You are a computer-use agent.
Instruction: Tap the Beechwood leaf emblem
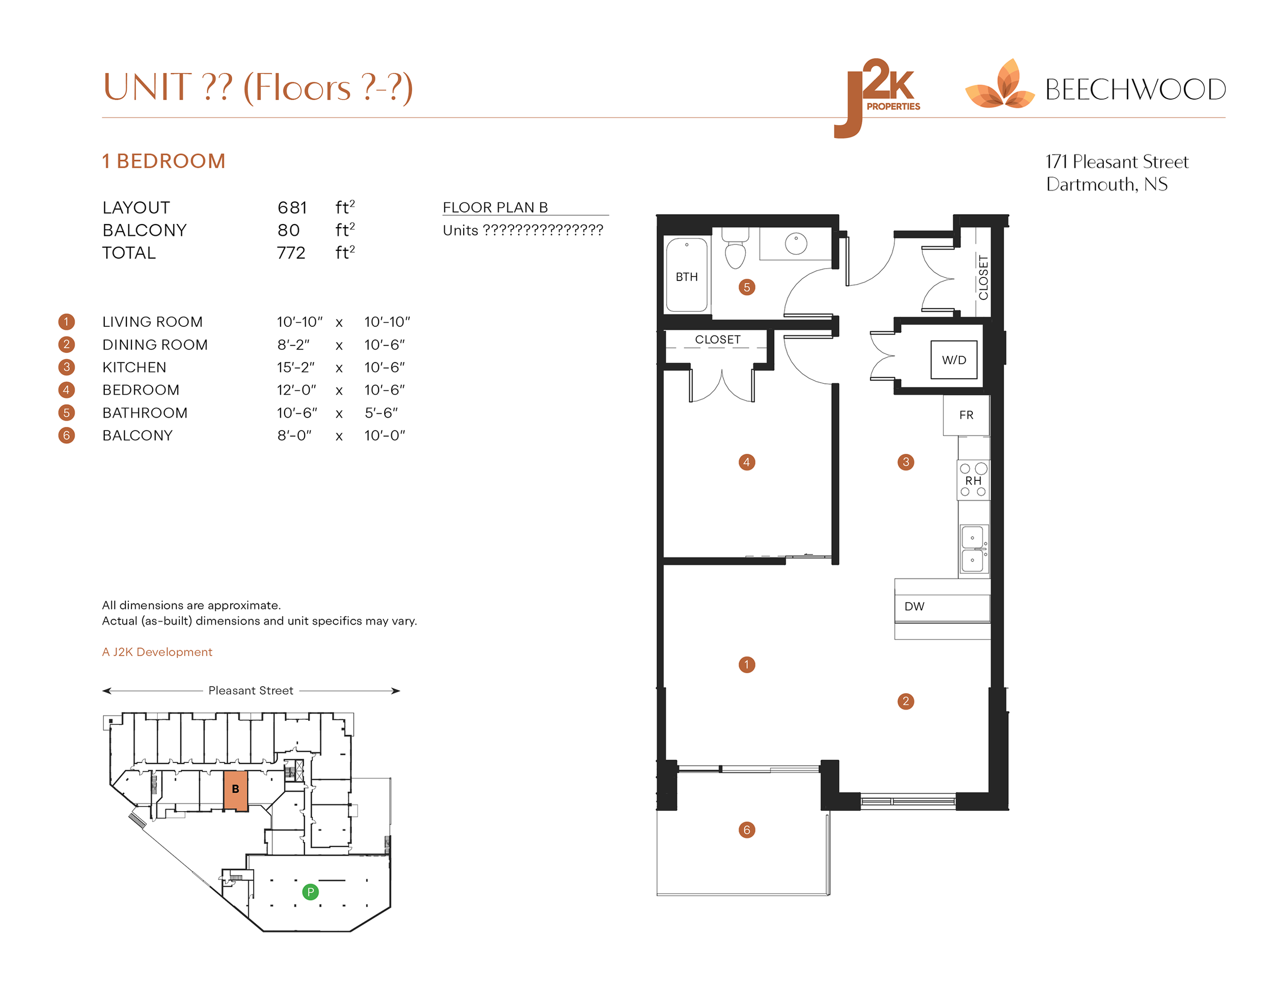pyautogui.click(x=999, y=87)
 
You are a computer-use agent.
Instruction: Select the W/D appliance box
pyautogui.click(x=954, y=360)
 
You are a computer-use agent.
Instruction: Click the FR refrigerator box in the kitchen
pyautogui.click(x=966, y=415)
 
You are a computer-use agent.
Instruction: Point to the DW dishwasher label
pyautogui.click(x=914, y=606)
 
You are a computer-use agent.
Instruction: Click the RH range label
pyautogui.click(x=973, y=480)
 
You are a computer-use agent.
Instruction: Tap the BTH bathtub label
pyautogui.click(x=686, y=277)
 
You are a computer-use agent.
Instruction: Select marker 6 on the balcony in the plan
pyautogui.click(x=747, y=830)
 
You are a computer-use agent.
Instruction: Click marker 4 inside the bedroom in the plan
pyautogui.click(x=747, y=462)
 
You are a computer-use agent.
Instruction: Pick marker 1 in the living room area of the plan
pyautogui.click(x=747, y=664)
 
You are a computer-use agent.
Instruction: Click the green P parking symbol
pyautogui.click(x=310, y=892)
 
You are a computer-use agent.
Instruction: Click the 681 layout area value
pyautogui.click(x=292, y=208)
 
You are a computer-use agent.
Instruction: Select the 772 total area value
pyautogui.click(x=291, y=253)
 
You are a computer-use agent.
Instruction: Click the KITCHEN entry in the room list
pyautogui.click(x=134, y=367)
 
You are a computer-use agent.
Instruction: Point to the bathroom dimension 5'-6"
pyautogui.click(x=381, y=413)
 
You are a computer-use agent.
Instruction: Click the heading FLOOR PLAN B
pyautogui.click(x=495, y=208)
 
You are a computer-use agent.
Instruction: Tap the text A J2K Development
pyautogui.click(x=157, y=652)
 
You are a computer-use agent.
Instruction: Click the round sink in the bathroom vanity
pyautogui.click(x=796, y=244)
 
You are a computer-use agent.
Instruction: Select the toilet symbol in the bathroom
pyautogui.click(x=735, y=252)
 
